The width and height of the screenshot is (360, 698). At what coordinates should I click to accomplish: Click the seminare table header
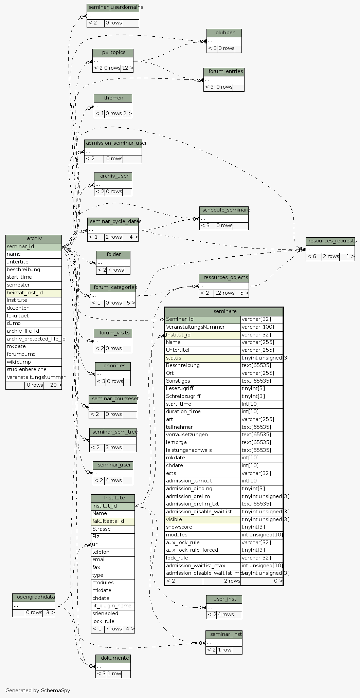pyautogui.click(x=224, y=311)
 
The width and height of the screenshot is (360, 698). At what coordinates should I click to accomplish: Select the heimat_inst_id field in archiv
pyautogui.click(x=34, y=293)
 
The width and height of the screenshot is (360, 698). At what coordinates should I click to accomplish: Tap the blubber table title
pyautogui.click(x=224, y=33)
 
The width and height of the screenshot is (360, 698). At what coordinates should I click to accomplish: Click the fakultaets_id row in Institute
pyautogui.click(x=113, y=521)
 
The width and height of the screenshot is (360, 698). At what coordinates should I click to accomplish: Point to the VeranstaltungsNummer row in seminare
pyautogui.click(x=202, y=327)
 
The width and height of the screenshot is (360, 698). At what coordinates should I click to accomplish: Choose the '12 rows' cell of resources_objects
pyautogui.click(x=224, y=293)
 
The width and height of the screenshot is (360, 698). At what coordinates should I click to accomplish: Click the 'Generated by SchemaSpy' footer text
pyautogui.click(x=38, y=690)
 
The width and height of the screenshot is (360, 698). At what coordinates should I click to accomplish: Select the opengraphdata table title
pyautogui.click(x=34, y=597)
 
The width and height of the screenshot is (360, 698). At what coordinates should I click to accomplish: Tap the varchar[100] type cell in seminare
pyautogui.click(x=262, y=327)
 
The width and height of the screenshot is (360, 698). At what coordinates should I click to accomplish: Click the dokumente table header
pyautogui.click(x=113, y=658)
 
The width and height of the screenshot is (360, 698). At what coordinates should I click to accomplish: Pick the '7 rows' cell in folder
pyautogui.click(x=115, y=270)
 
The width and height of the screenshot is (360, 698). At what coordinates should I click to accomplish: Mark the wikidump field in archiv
pyautogui.click(x=34, y=362)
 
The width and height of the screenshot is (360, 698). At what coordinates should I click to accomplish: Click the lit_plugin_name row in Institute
pyautogui.click(x=113, y=606)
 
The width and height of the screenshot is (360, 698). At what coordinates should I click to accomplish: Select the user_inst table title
pyautogui.click(x=224, y=599)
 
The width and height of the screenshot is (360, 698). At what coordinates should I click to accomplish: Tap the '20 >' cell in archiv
pyautogui.click(x=53, y=385)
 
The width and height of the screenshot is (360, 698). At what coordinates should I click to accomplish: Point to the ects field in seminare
pyautogui.click(x=202, y=473)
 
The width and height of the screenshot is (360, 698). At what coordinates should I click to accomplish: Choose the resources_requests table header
pyautogui.click(x=330, y=241)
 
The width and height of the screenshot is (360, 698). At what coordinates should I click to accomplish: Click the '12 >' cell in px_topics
pyautogui.click(x=127, y=68)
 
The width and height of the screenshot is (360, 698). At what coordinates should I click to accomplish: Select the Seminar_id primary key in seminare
pyautogui.click(x=202, y=319)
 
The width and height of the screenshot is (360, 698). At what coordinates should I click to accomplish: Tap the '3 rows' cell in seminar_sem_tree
pyautogui.click(x=113, y=447)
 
